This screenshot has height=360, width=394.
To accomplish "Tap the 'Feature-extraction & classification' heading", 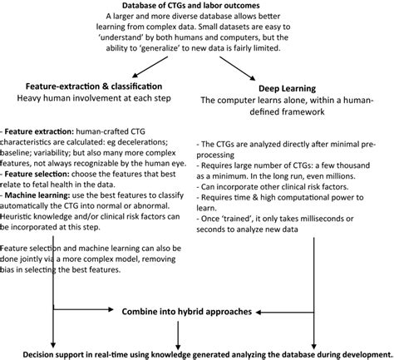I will (100, 86).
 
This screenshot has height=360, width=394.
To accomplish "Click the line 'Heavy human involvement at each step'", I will (100, 98).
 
